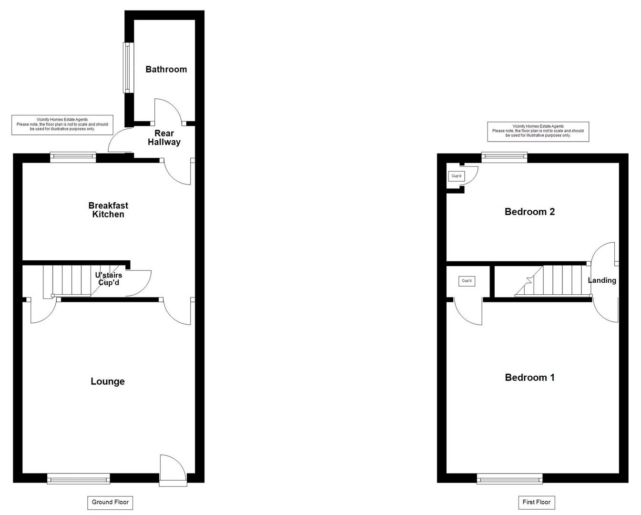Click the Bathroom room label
[x=166, y=70]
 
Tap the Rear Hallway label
[x=164, y=138]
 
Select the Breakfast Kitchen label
[x=108, y=210]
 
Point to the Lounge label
[x=108, y=381]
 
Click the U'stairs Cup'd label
[x=109, y=278]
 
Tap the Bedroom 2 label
[x=529, y=212]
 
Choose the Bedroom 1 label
[x=529, y=378]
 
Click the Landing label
[x=602, y=280]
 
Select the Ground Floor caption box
[x=110, y=503]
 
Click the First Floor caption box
[x=537, y=503]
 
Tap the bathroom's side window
[x=128, y=68]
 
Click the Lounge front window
[x=79, y=478]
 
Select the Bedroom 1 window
[x=509, y=478]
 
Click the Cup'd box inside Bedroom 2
[x=457, y=176]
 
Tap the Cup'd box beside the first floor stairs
[x=467, y=281]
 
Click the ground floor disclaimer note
[x=62, y=124]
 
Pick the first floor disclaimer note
[x=538, y=131]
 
